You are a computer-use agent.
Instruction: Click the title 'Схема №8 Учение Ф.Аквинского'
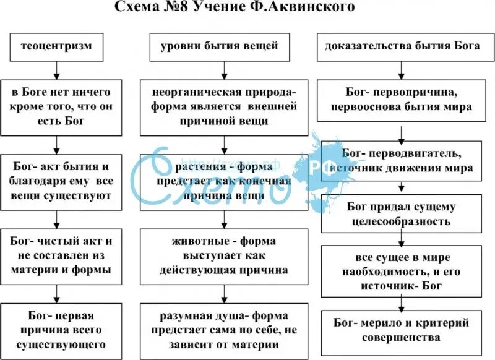[243, 8]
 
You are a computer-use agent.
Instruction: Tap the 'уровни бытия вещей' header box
[220, 47]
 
